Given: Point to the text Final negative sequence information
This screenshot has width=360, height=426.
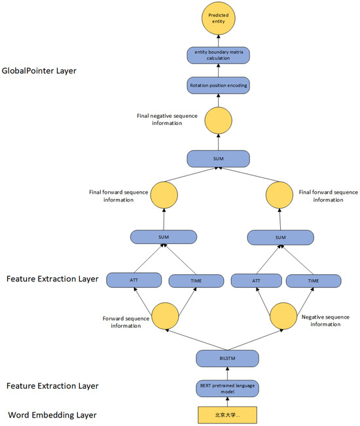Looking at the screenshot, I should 168,119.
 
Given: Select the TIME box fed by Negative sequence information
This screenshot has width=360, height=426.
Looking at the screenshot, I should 313,280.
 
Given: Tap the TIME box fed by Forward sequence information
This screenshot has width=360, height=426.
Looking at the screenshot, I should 196,280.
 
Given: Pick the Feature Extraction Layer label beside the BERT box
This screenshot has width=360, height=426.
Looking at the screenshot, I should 52,386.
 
